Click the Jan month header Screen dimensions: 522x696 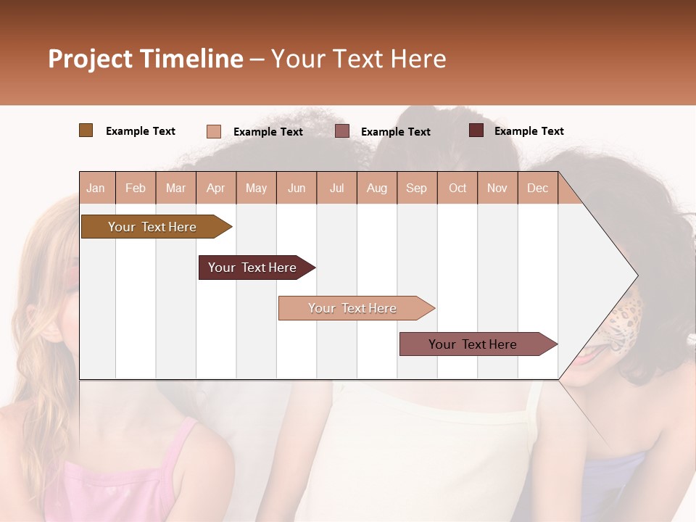(x=96, y=188)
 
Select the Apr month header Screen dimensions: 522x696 (x=215, y=188)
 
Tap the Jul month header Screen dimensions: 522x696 (x=336, y=188)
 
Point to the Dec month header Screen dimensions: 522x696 (x=537, y=188)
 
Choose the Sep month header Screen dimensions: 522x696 (x=416, y=188)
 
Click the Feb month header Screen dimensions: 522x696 (x=136, y=188)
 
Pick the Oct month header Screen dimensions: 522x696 (x=457, y=188)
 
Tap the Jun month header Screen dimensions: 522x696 (x=297, y=188)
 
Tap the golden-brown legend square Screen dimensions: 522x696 (x=86, y=130)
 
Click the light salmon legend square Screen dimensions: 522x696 (x=213, y=131)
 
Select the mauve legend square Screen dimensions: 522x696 (x=342, y=131)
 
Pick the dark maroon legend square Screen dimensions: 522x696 (x=476, y=130)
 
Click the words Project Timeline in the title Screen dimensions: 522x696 (x=146, y=59)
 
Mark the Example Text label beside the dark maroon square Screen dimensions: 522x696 (x=529, y=131)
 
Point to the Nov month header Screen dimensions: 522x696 (x=497, y=188)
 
